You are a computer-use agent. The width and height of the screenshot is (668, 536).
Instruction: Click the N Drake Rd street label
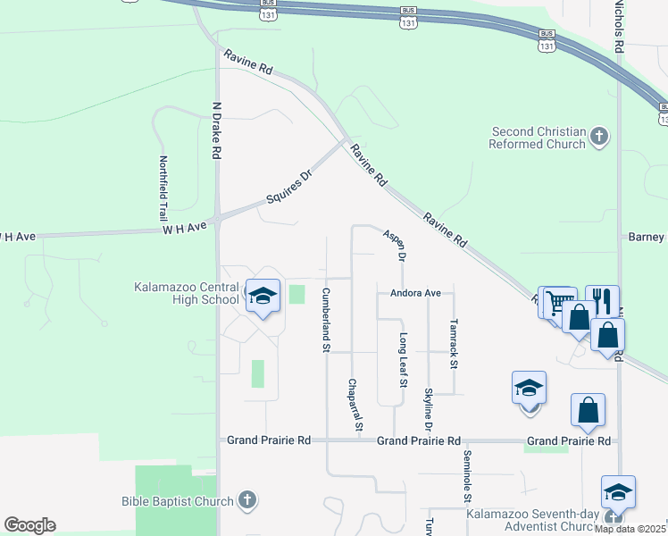215,130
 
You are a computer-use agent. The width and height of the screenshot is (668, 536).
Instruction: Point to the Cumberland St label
326,319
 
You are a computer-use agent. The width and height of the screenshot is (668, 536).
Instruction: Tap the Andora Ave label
415,293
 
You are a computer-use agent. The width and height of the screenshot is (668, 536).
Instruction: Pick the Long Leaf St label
403,360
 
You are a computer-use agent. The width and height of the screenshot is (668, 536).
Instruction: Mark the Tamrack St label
454,344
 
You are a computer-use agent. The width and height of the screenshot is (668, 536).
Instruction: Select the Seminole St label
466,473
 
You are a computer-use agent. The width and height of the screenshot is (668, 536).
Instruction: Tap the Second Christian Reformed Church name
539,138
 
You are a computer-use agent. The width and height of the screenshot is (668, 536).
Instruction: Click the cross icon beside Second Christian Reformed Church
599,138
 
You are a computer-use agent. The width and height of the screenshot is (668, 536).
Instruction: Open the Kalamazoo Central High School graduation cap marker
263,297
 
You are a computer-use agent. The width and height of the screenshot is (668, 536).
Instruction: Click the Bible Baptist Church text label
178,501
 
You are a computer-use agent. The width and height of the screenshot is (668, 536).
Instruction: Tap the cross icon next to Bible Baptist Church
248,500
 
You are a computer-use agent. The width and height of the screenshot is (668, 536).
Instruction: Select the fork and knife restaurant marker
602,300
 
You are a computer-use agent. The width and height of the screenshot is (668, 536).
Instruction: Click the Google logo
29,525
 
